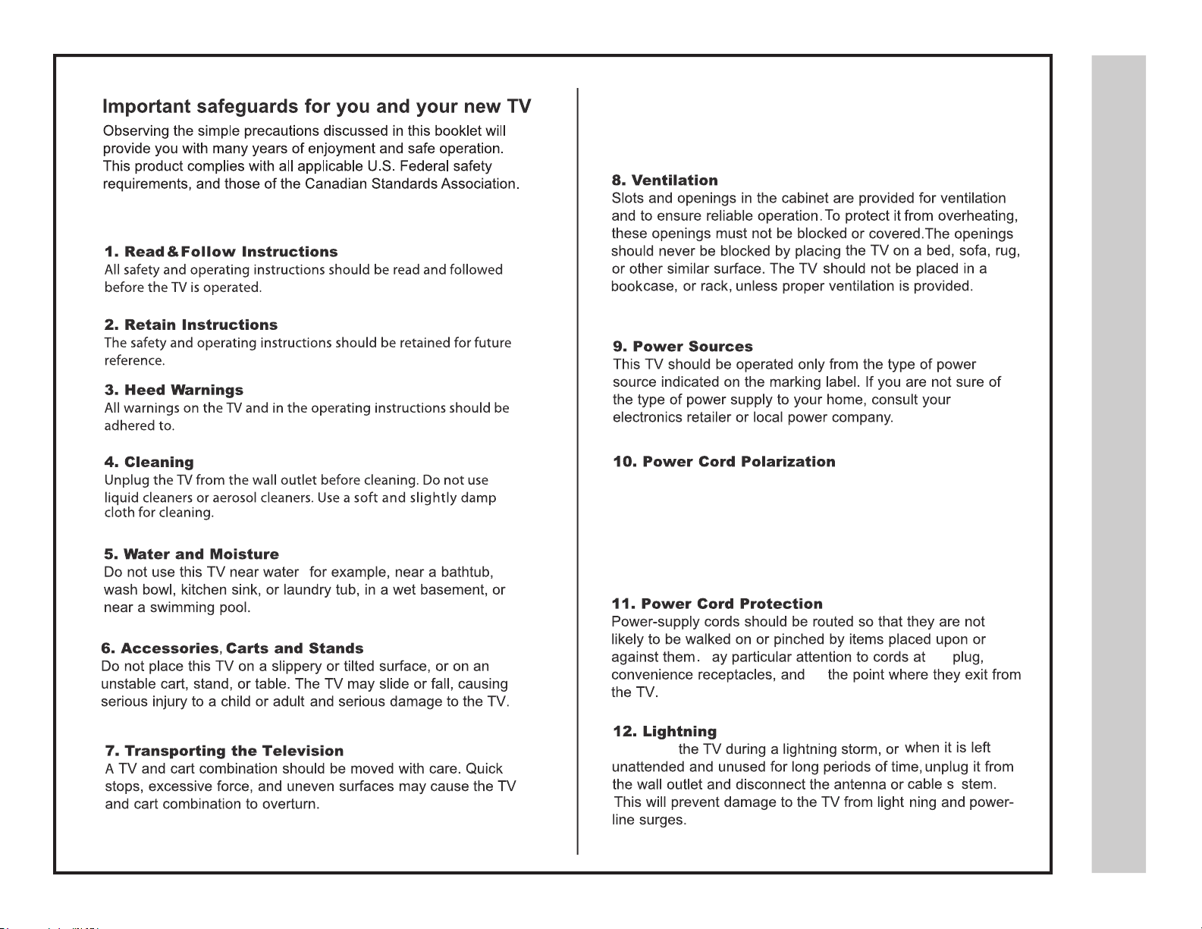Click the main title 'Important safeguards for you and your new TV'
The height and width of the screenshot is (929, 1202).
click(316, 106)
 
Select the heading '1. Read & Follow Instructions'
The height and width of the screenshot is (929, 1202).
click(221, 252)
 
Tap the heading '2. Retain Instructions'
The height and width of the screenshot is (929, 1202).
click(191, 325)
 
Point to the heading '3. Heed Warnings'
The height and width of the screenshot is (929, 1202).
click(174, 390)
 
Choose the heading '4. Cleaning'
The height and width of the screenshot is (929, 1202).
click(149, 462)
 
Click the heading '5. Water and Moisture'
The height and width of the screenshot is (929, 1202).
click(191, 554)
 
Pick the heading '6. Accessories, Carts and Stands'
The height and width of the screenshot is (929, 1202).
click(232, 648)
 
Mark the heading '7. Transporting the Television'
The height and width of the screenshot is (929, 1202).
click(224, 751)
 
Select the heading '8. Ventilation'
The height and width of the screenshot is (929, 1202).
click(664, 180)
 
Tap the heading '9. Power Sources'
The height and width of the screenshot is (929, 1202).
click(683, 347)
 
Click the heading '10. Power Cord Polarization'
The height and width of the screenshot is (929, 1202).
click(723, 462)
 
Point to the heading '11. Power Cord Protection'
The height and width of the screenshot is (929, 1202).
click(717, 604)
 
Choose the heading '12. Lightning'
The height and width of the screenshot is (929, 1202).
click(664, 732)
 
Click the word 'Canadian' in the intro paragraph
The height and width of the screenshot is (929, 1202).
click(336, 184)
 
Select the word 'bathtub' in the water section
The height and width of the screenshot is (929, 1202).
click(467, 573)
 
